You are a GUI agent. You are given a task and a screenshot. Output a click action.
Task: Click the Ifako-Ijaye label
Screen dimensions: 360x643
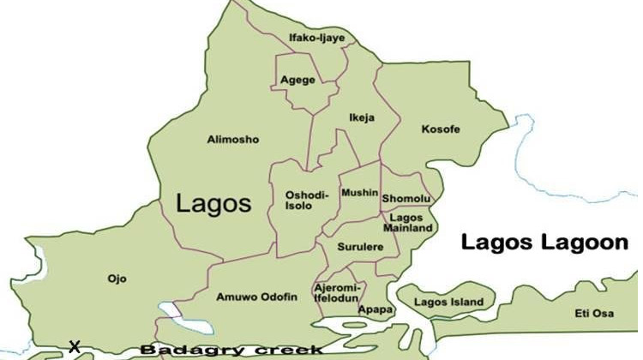tap(316, 38)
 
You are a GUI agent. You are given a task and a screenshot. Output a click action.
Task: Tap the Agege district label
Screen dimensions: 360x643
tap(297, 80)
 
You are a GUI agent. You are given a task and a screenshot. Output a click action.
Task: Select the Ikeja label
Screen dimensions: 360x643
tap(362, 117)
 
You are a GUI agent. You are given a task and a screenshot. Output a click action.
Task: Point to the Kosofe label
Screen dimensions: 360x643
tap(441, 129)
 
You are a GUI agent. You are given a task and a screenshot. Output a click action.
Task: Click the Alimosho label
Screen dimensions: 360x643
tap(232, 139)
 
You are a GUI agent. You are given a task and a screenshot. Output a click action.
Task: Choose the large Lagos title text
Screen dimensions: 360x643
tap(213, 204)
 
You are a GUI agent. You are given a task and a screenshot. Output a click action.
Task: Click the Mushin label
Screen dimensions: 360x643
tap(358, 193)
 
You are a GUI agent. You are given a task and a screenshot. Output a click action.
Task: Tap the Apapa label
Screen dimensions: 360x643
tap(375, 309)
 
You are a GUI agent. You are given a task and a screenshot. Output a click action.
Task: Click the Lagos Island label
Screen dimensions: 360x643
tap(448, 303)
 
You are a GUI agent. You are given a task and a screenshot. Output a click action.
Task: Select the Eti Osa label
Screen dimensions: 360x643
tap(596, 315)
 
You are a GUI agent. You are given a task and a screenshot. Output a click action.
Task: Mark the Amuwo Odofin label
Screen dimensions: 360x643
tap(257, 297)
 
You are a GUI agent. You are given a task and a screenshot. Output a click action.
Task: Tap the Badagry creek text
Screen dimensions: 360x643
tap(231, 350)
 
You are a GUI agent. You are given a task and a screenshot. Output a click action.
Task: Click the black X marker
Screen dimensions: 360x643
tap(75, 347)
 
